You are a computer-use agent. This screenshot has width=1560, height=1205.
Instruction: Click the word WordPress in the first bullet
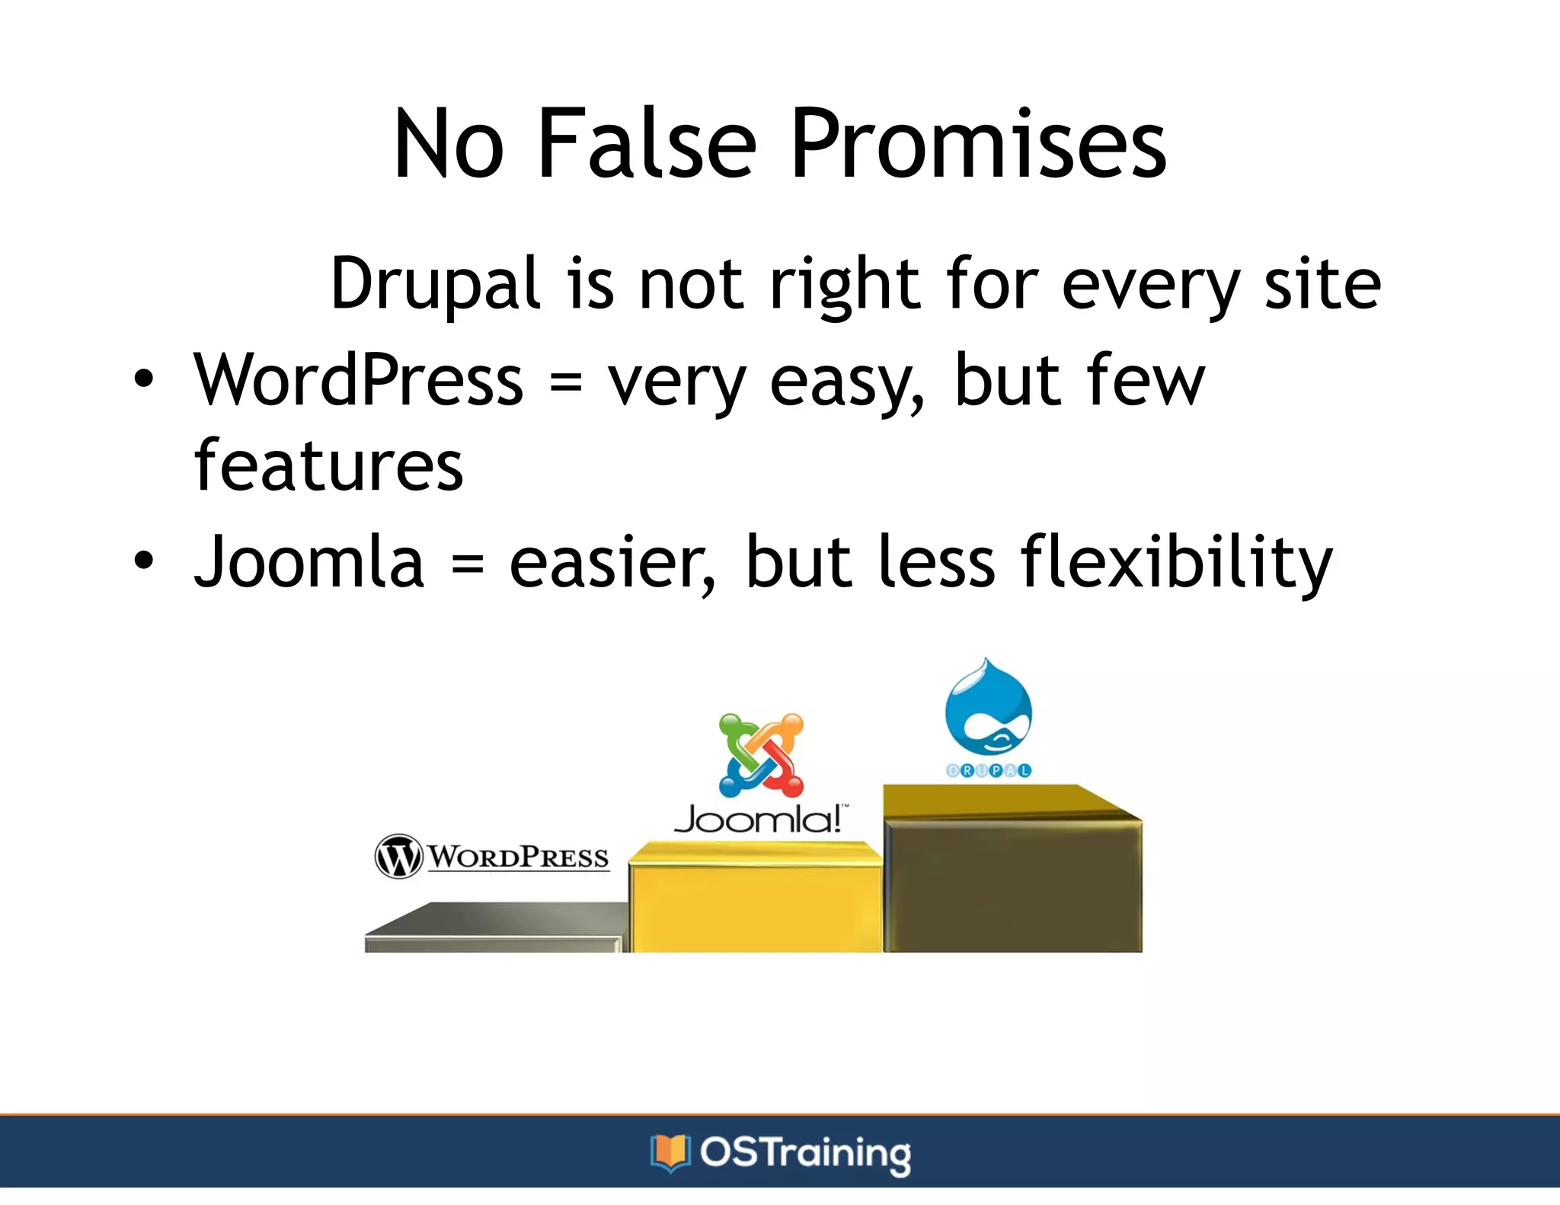pos(359,380)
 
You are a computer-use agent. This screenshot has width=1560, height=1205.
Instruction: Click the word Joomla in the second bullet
pos(308,562)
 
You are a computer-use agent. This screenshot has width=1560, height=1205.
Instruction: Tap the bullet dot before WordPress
pos(143,379)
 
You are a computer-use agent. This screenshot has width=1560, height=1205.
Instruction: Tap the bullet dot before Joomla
pos(143,561)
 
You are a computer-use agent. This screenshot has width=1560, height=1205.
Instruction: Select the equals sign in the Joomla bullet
pos(467,564)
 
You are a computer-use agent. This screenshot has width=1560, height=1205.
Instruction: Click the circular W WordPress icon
pos(398,856)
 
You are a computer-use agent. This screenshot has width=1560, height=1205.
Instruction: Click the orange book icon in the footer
pos(670,1152)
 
